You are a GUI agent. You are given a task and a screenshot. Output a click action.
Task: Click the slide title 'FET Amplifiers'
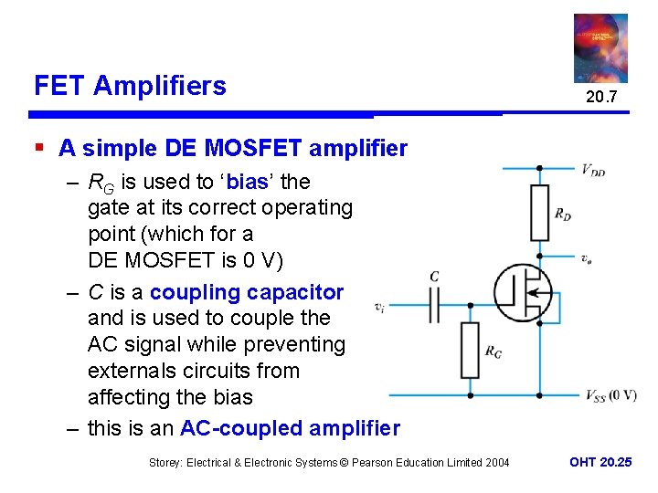point(130,86)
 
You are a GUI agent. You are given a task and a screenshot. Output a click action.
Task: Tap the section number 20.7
point(601,97)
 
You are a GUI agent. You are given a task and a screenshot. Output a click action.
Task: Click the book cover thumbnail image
point(600,47)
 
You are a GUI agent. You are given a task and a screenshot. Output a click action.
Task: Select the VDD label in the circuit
point(593,169)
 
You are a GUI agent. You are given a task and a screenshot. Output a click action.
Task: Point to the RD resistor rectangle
point(539,213)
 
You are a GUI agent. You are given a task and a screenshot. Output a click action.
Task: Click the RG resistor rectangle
point(469,350)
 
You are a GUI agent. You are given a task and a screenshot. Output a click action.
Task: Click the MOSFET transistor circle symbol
point(523,292)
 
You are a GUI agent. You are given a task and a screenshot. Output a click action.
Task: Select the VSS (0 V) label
point(610,395)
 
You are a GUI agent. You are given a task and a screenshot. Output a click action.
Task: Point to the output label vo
point(585,258)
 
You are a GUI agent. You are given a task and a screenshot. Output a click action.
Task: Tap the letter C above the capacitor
point(434,276)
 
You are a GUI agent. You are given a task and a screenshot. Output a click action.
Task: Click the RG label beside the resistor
point(493,351)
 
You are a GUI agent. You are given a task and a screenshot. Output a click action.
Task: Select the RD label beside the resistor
point(564,215)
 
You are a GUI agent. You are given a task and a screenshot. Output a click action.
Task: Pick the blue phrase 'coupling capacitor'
point(247,292)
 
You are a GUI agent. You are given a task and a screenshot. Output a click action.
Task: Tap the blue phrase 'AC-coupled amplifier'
point(291,427)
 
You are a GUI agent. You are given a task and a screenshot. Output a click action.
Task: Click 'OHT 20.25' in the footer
point(600,462)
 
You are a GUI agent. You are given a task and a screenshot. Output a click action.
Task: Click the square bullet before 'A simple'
point(38,146)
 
